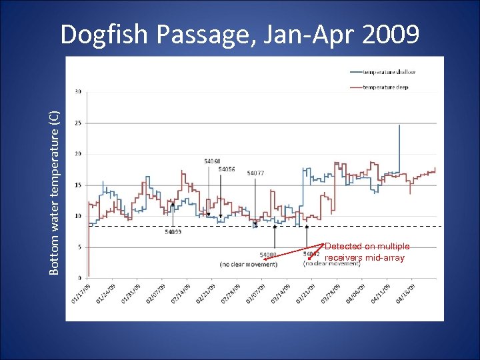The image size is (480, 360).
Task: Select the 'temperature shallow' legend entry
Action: (388, 72)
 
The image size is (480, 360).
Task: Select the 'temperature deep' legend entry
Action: (385, 87)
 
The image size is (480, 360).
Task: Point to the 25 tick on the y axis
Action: (79, 123)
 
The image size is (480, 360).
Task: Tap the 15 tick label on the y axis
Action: (79, 185)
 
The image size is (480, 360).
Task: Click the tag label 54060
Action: (212, 161)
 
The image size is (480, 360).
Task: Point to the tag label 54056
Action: (226, 169)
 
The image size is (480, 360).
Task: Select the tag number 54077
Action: (255, 173)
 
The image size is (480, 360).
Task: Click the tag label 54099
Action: (173, 232)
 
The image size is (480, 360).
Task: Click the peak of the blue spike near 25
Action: (399, 125)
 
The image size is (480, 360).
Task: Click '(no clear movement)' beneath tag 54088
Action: (248, 264)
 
